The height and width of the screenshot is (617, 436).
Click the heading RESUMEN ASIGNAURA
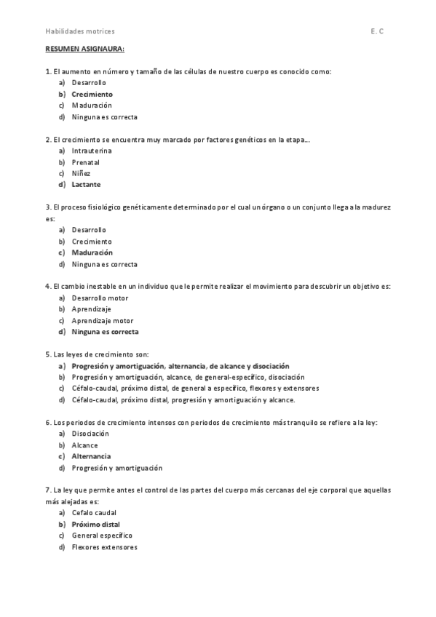pos(84,49)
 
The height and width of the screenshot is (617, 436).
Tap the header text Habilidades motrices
pos(80,31)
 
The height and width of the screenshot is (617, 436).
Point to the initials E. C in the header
pos(376,31)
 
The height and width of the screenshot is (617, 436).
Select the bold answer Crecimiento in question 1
pos(92,94)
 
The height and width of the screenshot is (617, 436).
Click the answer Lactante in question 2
pos(86,184)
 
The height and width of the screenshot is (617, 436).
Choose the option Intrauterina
pos(92,151)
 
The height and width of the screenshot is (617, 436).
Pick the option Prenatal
pos(85,162)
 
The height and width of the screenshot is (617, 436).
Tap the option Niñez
pos(82,173)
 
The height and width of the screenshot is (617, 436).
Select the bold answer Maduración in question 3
pos(92,252)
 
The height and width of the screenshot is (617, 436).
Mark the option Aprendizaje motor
pos(102,320)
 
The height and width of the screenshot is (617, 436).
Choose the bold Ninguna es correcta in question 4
pos(105,332)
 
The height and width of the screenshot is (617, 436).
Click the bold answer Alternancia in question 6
pos(91,456)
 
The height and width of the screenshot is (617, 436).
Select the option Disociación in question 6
pos(90,434)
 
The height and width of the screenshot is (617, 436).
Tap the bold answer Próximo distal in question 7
pos(95,524)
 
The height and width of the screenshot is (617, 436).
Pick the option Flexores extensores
pos(104,546)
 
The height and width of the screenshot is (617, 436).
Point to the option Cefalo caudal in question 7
pos(94,513)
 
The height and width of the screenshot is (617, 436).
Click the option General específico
pos(102,536)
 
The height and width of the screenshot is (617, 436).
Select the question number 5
pos(48,354)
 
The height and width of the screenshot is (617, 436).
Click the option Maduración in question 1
pos(92,106)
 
